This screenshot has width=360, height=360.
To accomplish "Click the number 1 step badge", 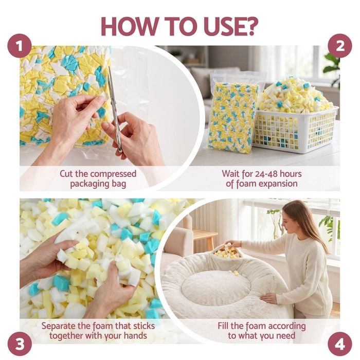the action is [x=20, y=46].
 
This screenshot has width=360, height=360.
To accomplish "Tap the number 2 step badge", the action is [x=340, y=46].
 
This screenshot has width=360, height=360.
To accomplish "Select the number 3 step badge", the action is [x=20, y=344].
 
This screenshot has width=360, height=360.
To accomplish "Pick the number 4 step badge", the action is [x=340, y=344].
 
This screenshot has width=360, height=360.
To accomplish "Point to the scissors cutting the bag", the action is [x=114, y=109].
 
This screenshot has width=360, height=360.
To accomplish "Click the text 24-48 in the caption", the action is [x=266, y=174].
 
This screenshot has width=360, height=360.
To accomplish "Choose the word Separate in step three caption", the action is [x=58, y=326].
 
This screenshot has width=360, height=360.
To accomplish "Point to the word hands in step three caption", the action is [x=135, y=336].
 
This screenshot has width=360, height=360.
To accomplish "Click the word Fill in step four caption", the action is [x=223, y=326].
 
